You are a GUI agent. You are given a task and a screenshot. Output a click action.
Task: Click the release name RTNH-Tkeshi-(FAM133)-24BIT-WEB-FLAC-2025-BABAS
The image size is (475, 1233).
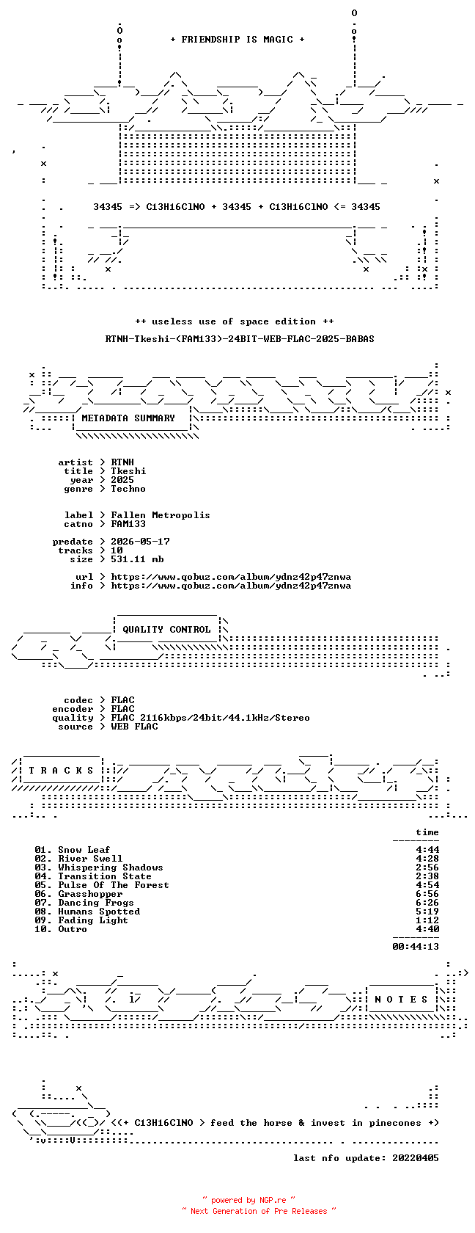click(x=240, y=339)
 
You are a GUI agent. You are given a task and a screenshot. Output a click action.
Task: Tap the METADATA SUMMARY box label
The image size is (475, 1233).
click(x=128, y=418)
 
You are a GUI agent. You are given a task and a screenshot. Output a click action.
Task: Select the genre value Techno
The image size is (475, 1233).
click(x=128, y=489)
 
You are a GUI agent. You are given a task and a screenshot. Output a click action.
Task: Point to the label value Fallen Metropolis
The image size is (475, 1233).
click(x=161, y=515)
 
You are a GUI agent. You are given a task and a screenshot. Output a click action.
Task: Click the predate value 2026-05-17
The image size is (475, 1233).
click(x=140, y=542)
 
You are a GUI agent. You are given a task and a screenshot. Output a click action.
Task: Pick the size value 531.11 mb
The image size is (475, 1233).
click(x=138, y=559)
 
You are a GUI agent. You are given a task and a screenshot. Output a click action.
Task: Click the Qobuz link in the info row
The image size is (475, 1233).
click(x=231, y=586)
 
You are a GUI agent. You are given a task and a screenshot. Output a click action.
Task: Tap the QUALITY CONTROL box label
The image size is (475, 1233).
click(x=166, y=630)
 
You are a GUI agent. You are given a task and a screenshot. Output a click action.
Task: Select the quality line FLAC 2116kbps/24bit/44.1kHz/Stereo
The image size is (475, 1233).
click(x=210, y=718)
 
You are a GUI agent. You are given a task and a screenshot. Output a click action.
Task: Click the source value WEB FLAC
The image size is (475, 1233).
click(x=134, y=727)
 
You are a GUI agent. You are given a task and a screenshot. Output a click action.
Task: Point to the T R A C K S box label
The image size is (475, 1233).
click(x=61, y=771)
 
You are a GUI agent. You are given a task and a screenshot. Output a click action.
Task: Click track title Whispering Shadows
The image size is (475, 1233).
click(x=111, y=868)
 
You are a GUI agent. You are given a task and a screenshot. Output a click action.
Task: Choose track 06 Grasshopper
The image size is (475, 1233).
click(x=78, y=894)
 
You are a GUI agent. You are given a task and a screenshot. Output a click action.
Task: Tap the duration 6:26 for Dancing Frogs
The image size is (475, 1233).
click(x=427, y=903)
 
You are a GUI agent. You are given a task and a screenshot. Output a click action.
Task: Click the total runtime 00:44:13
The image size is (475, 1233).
click(x=416, y=947)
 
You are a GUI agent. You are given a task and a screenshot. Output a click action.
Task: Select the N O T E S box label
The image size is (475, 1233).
click(x=402, y=1000)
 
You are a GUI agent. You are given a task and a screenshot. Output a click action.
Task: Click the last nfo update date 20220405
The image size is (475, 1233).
click(x=416, y=1158)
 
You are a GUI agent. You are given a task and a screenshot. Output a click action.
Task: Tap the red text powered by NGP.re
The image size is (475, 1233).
click(x=248, y=1200)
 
